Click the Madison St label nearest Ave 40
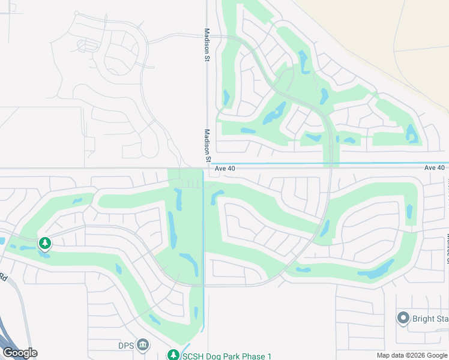(x=206, y=145)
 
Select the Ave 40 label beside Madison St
(x=224, y=169)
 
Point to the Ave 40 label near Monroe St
(x=434, y=168)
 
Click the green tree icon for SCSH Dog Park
(x=173, y=356)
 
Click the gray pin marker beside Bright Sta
(x=403, y=318)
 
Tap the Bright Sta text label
(x=430, y=319)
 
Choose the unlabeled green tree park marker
(x=44, y=243)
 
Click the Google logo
(x=20, y=353)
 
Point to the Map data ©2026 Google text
(x=411, y=356)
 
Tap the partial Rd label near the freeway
(x=3, y=277)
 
